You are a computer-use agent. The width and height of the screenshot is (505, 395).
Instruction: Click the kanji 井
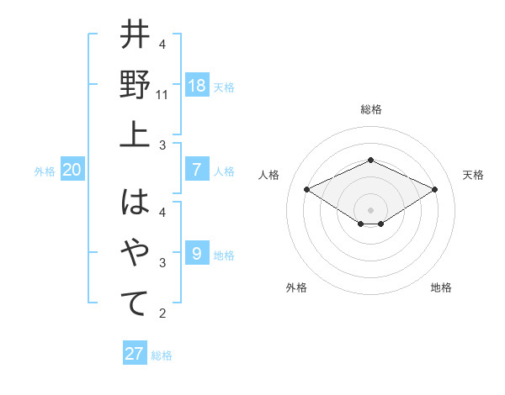point(136,36)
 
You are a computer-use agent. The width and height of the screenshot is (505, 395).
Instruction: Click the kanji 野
point(136,85)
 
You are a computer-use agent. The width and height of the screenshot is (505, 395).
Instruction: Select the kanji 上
point(136,134)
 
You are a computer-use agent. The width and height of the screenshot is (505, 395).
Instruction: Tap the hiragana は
point(136,203)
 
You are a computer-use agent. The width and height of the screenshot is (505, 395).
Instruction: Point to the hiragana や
point(136,253)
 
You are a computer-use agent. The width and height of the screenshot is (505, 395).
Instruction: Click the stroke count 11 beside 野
point(163,95)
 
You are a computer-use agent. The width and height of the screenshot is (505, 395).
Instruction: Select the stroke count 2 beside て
point(162,313)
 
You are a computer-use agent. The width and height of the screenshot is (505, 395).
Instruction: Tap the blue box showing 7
point(196,170)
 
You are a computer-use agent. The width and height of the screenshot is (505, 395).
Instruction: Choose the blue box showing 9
point(196,253)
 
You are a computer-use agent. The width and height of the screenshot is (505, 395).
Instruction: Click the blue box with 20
point(72,170)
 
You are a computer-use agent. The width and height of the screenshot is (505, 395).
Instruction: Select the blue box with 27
point(134,354)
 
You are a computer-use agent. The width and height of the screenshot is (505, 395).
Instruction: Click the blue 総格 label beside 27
point(162,355)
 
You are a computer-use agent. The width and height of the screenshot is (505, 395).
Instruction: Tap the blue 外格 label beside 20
point(45,171)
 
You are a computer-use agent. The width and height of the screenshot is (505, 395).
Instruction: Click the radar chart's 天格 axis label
point(473,175)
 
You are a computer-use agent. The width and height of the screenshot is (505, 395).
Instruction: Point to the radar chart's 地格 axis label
point(441,287)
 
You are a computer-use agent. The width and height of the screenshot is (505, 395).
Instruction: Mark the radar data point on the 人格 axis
point(306,189)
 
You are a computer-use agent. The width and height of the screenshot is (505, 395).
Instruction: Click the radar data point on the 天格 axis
point(434,189)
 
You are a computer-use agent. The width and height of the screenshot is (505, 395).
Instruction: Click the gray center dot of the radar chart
point(370,209)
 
